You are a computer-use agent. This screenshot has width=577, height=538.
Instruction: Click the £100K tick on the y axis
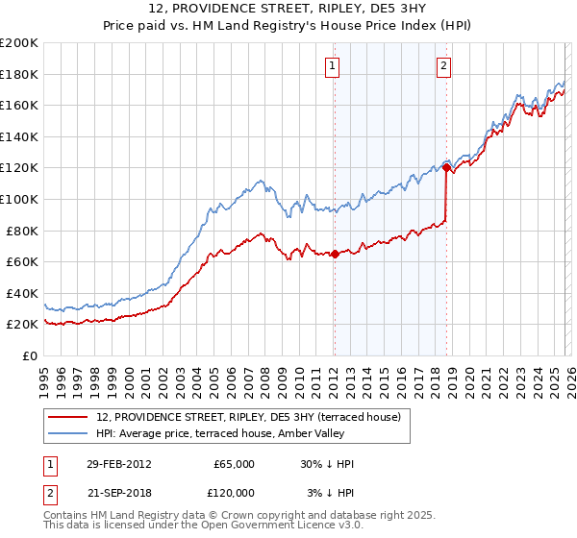click(18, 199)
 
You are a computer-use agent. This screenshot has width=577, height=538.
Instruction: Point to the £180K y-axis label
click(18, 74)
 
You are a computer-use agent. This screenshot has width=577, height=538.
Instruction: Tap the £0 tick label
click(27, 355)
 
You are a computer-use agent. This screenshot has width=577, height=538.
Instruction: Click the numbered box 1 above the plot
click(332, 66)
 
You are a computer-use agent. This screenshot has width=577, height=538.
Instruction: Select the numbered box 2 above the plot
click(443, 66)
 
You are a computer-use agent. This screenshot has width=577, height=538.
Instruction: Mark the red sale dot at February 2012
click(335, 255)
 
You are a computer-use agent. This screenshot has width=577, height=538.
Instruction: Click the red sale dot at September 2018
click(446, 168)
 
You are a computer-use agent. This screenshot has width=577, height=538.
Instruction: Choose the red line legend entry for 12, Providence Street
click(254, 416)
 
